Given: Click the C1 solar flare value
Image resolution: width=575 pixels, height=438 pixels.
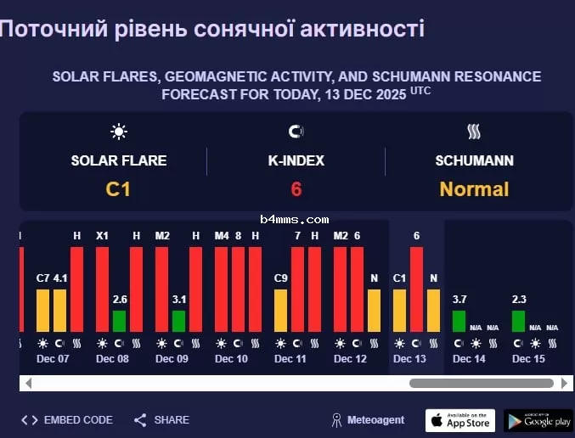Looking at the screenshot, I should [118, 189].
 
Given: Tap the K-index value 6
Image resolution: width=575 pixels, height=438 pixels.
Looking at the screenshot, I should [296, 189].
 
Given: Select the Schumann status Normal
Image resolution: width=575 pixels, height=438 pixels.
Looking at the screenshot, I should [474, 189].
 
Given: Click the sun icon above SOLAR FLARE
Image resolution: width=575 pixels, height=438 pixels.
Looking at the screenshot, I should [118, 132].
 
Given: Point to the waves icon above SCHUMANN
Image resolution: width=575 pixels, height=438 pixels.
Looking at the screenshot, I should [474, 132].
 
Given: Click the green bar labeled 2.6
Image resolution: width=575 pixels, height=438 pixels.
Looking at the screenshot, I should [119, 321].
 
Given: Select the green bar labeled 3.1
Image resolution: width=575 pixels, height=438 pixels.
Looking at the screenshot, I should [178, 321].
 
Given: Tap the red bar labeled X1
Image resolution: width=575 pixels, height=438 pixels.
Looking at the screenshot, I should [102, 289].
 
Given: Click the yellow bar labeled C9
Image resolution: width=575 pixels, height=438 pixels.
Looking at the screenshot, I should [280, 311].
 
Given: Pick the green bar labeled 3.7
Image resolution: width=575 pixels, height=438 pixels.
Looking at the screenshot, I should [459, 321].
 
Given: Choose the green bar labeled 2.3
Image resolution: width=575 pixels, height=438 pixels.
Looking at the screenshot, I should [518, 321].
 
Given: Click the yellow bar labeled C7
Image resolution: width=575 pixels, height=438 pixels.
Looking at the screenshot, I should [42, 311].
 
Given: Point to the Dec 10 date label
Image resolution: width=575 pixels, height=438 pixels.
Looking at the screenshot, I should [231, 359].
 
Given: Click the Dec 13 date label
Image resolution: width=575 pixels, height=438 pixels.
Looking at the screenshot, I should [409, 359].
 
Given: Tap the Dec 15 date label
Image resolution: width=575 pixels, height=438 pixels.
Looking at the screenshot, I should [528, 359].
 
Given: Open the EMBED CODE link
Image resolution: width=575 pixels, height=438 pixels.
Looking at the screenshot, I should [68, 419].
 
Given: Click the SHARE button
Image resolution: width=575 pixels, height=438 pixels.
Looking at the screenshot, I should [162, 419].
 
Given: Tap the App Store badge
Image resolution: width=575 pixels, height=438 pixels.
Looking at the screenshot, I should [459, 420].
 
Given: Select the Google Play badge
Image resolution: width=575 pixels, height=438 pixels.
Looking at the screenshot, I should [538, 420].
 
